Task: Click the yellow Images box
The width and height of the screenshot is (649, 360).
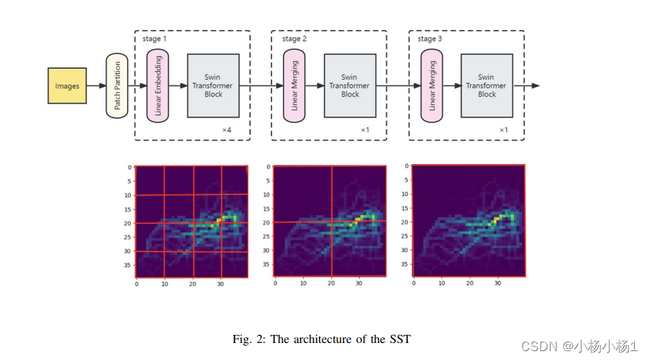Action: [67, 86]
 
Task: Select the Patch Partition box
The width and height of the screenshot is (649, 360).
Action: [117, 86]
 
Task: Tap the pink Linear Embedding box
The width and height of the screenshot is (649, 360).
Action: [158, 86]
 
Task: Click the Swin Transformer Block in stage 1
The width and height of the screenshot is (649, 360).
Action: [214, 86]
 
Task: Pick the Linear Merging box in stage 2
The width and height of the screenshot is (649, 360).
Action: [295, 86]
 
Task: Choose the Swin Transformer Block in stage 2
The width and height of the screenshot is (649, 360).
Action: [350, 86]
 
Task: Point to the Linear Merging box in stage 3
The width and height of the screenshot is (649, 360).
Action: [432, 86]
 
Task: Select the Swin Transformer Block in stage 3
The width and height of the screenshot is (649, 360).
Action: [487, 86]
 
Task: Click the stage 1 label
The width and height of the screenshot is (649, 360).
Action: [156, 38]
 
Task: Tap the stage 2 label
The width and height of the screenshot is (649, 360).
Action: [294, 38]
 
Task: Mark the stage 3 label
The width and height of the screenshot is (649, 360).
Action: [430, 38]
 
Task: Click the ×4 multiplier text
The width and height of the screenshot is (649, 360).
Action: [228, 130]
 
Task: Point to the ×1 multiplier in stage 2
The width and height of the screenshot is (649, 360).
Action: [365, 130]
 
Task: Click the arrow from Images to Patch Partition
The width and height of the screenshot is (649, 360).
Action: [96, 86]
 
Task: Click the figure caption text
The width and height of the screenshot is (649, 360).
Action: [322, 339]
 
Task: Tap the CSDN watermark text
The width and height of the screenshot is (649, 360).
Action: [580, 346]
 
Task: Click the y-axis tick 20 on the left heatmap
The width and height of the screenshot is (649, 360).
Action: [127, 223]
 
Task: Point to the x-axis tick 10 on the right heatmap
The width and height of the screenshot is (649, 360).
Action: [441, 283]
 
